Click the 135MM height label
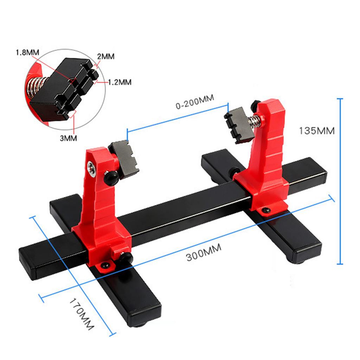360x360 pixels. coord(316,130)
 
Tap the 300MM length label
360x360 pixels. coord(204,253)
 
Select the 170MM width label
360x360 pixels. coord(82,314)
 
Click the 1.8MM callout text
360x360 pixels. coord(27,53)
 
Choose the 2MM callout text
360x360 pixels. coord(105,56)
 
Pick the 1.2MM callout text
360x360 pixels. coord(120,82)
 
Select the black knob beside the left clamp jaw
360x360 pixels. coord(111,178)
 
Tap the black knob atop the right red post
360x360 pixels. coord(256,104)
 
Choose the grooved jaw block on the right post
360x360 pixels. coord(239,125)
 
